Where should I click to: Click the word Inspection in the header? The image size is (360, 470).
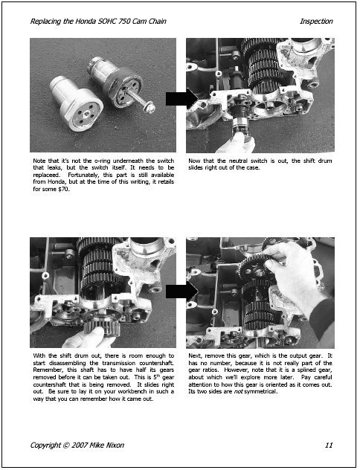point(316,22)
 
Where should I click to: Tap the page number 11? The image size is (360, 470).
point(329,445)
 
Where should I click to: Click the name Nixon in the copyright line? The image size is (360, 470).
point(115,445)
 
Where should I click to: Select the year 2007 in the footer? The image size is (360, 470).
point(80,445)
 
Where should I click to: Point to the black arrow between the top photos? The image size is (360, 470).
point(181,98)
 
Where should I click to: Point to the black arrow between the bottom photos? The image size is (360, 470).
point(181,291)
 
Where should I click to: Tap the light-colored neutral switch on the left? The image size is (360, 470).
point(76,103)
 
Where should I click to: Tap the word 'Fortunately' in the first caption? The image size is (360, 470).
point(83,175)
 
